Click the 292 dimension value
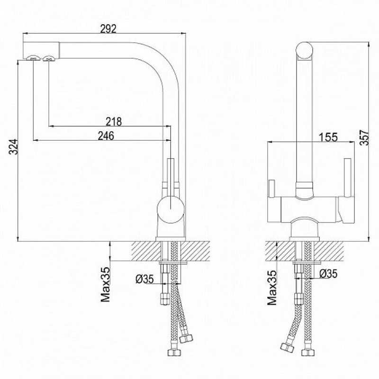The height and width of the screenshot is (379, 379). pos(108,29)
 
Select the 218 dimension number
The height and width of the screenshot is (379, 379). pos(114,122)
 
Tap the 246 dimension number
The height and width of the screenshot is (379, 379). pos(106,136)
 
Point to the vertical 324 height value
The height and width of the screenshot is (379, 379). pos(13,147)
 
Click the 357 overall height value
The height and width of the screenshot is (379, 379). pos(364,138)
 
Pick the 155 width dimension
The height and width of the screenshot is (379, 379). pos(328,137)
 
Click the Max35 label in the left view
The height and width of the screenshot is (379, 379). pos(105,285)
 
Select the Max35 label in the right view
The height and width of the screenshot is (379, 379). pos(272,288)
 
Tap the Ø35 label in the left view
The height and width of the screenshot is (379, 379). pos(144,279)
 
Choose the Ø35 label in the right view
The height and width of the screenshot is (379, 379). pos(328,274)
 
